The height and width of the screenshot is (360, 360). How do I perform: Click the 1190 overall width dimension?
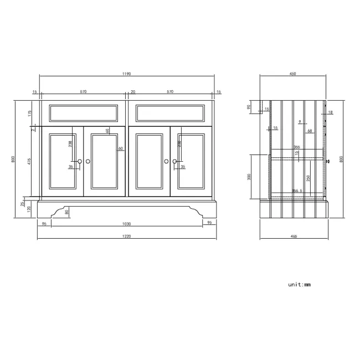pos(127,74)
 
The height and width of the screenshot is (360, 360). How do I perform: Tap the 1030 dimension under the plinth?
pos(127,223)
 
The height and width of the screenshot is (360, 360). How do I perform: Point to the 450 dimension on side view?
pos(293,74)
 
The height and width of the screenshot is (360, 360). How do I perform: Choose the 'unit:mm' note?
pos(299,285)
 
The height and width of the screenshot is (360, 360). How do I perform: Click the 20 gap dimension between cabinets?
pos(132,92)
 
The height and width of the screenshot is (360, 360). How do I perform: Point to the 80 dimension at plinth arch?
pos(67,211)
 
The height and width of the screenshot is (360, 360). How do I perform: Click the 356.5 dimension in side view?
pos(297,191)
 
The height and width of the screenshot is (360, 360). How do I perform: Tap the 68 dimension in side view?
pos(310,131)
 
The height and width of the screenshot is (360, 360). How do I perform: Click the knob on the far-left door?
pos(80,161)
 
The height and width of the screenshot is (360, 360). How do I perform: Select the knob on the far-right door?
pos(174,161)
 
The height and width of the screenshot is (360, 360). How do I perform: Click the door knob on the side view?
pos(328,161)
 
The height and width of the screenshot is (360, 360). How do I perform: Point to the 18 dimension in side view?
pos(330,112)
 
